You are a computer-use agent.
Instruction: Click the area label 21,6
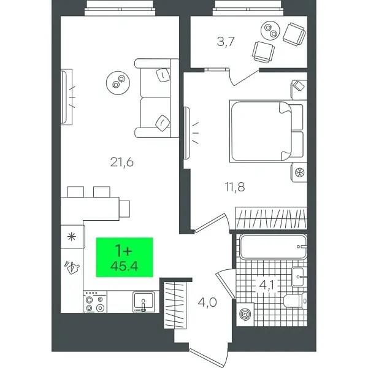tap(123, 162)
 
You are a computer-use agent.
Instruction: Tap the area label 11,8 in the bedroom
tap(234, 186)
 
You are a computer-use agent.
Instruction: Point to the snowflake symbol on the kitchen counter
tap(72, 236)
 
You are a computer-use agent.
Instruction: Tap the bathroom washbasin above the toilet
tap(298, 276)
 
